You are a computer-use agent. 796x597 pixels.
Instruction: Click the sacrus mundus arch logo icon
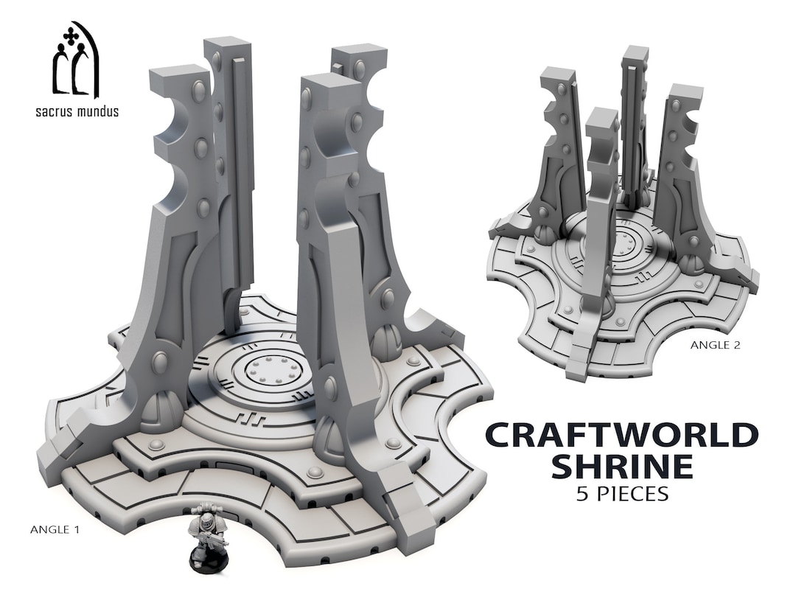pyautogui.click(x=74, y=60)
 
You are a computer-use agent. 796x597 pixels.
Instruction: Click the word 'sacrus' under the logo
pyautogui.click(x=55, y=112)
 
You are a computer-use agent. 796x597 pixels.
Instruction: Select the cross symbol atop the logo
pyautogui.click(x=70, y=35)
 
